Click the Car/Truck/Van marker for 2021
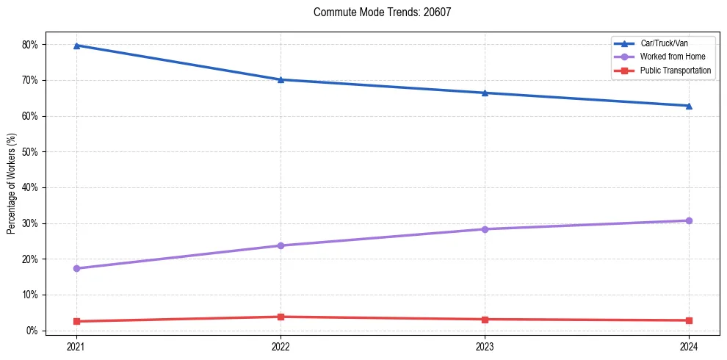click(76, 46)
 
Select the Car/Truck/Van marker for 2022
click(281, 79)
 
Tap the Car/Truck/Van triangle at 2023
click(485, 93)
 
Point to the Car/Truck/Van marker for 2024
click(689, 106)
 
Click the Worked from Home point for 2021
click(76, 268)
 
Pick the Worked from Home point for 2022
click(281, 245)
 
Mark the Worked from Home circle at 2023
click(485, 229)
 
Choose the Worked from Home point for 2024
click(689, 220)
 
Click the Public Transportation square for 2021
click(76, 321)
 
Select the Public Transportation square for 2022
click(281, 317)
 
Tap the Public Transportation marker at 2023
click(485, 319)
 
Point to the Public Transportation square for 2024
click(689, 320)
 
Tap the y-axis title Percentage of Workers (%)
click(12, 184)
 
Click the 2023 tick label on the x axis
click(485, 345)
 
